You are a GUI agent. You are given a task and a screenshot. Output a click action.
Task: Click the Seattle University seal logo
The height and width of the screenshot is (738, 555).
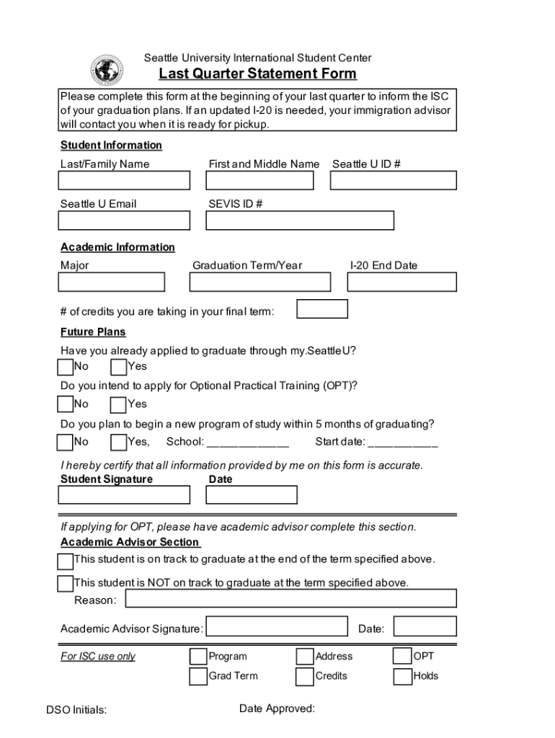(107, 71)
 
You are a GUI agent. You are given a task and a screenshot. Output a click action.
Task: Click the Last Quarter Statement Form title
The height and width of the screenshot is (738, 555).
(257, 74)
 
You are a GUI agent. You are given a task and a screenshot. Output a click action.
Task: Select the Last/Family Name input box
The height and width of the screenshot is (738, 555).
(124, 180)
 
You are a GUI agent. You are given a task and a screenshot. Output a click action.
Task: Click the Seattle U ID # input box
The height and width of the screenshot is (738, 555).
(393, 180)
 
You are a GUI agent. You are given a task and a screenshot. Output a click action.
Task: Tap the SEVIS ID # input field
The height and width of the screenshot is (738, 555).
(300, 221)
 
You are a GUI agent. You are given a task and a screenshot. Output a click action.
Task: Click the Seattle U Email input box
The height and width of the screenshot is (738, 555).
(124, 221)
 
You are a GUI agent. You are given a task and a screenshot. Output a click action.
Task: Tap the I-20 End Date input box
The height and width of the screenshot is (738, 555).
(402, 282)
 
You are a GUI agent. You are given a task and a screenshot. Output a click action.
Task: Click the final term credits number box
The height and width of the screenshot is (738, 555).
(322, 309)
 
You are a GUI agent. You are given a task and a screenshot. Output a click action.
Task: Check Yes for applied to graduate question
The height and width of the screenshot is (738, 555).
(118, 368)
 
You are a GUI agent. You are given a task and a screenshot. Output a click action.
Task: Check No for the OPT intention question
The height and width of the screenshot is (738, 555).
(65, 405)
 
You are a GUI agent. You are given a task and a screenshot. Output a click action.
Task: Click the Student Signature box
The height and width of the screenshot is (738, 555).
(124, 495)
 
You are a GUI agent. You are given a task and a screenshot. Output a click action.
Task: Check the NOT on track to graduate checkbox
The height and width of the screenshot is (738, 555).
(65, 583)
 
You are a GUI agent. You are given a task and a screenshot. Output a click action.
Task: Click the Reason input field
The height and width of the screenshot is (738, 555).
(291, 599)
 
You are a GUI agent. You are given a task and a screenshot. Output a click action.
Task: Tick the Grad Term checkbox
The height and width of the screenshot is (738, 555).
(197, 677)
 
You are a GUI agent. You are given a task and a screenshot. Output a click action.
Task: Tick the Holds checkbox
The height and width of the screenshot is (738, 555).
(401, 677)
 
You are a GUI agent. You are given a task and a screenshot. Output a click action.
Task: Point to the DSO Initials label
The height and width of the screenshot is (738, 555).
(76, 710)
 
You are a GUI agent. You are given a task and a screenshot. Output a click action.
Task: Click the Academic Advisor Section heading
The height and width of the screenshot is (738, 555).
(130, 542)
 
